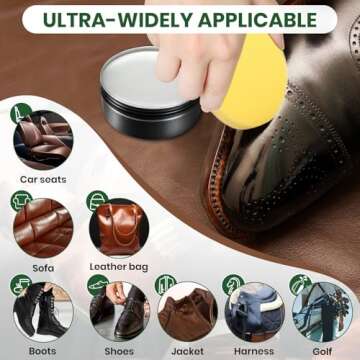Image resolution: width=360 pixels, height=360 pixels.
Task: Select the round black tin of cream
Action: tap(150, 89)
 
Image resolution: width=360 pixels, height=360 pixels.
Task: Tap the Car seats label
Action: tap(43, 180)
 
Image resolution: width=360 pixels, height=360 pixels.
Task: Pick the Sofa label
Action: tap(42, 267)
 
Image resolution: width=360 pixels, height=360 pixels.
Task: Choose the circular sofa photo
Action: tap(43, 228)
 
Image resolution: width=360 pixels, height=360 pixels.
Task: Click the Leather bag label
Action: tap(118, 267)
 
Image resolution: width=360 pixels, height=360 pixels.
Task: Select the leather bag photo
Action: tap(118, 228)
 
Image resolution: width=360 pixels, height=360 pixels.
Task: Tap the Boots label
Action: tap(42, 351)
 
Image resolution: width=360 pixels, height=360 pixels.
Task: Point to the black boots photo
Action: tap(43, 311)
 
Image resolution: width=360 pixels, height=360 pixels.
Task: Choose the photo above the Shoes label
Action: tap(118, 311)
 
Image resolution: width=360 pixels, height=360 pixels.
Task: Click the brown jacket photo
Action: tap(187, 311)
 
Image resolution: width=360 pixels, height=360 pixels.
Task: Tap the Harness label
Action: tap(254, 351)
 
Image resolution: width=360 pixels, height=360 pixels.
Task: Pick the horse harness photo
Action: tap(254, 311)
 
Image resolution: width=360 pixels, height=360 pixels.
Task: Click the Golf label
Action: tap(323, 351)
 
